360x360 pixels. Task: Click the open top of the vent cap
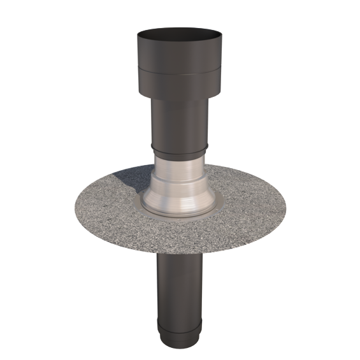[176, 31]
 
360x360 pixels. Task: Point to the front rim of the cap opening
[176, 38]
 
